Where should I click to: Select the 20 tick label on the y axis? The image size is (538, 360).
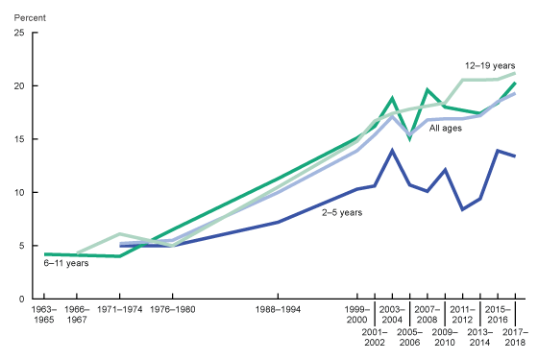[19, 85]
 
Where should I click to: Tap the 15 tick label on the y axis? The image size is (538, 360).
[19, 139]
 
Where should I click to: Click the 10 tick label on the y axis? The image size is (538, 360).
[19, 192]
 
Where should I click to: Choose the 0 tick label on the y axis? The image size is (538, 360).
[22, 299]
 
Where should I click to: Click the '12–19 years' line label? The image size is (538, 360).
[491, 65]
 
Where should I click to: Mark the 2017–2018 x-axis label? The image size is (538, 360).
[516, 336]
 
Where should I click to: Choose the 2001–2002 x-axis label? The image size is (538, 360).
[375, 336]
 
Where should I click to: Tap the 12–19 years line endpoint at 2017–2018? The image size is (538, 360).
[516, 73]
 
